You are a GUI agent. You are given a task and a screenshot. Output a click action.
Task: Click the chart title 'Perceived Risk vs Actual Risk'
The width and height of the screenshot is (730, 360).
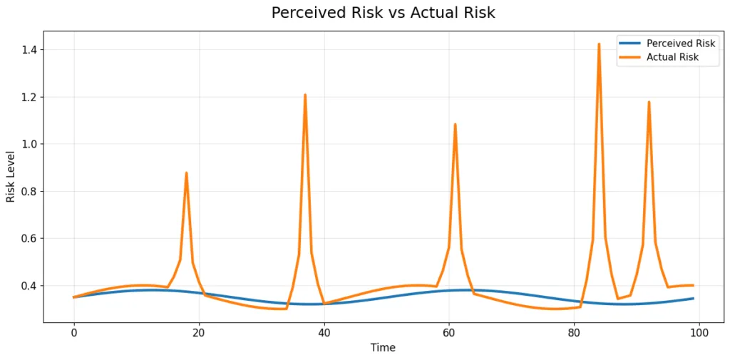point(383,13)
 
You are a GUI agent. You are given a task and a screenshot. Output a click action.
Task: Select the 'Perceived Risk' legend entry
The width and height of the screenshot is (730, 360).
point(680,43)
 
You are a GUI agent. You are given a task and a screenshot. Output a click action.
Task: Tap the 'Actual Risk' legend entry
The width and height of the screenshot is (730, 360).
point(672,58)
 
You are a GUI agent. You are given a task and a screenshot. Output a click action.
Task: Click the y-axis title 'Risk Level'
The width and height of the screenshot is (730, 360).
point(11,176)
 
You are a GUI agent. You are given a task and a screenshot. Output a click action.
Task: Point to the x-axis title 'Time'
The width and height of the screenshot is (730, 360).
point(383,348)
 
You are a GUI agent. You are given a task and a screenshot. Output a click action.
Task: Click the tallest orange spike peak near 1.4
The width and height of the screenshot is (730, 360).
point(599,44)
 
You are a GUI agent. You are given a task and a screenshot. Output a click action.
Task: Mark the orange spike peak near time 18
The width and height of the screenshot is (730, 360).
point(186,173)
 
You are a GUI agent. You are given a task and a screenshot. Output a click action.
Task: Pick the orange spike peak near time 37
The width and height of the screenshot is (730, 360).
point(305,95)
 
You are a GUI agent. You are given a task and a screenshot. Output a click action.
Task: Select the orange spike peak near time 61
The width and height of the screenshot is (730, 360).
point(455,124)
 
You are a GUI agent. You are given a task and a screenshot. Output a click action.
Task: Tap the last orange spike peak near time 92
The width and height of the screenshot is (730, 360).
point(649,102)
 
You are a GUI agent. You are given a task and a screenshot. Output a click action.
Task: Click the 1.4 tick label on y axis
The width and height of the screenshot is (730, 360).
point(29,50)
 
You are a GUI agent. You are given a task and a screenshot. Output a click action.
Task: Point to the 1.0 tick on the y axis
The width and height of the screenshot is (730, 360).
point(29,144)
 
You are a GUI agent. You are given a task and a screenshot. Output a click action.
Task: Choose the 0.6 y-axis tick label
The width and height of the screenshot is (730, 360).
point(29,239)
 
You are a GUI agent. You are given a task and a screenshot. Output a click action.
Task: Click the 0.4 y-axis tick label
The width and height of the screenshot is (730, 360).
point(29,286)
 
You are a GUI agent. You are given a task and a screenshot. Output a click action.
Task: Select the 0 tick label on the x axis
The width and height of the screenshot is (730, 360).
point(73,332)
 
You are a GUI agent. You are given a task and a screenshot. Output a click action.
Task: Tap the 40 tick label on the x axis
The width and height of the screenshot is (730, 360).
point(324,332)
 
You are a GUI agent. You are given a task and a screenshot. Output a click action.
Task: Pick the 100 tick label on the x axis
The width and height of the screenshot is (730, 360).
point(699,332)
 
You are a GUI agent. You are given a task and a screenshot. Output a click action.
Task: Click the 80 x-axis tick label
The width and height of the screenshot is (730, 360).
point(574,332)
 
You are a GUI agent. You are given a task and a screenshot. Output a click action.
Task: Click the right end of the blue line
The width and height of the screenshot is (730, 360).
point(693,299)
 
